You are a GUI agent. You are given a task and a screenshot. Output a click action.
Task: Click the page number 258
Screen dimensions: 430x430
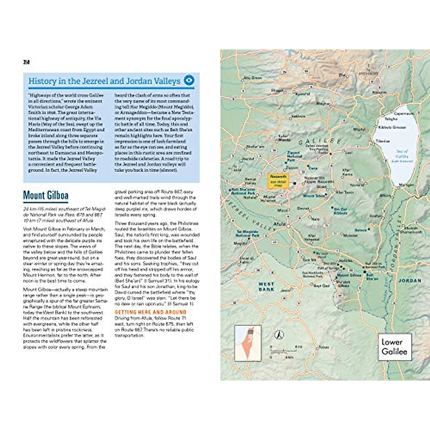[26, 62]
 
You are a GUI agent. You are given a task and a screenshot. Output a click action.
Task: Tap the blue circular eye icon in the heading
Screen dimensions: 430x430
[189, 80]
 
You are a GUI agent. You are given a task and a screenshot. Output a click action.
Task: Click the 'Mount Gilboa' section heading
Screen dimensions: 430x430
[46, 196]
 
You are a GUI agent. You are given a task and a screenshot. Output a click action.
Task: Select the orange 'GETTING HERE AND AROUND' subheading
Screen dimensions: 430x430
[150, 312]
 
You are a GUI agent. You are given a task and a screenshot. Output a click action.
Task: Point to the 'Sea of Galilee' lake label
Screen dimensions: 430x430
[402, 156]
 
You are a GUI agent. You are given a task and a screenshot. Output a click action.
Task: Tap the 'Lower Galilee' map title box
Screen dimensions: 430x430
[394, 347]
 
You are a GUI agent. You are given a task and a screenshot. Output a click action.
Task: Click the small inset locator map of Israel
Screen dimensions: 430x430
[248, 343]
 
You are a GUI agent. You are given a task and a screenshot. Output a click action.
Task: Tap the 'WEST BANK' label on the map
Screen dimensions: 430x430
[266, 287]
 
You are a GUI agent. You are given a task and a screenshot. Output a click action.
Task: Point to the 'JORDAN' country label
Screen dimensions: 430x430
[410, 281]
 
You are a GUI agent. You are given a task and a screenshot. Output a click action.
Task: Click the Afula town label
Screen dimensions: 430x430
[279, 224]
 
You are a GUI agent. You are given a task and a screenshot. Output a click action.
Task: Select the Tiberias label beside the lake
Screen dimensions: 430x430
[383, 141]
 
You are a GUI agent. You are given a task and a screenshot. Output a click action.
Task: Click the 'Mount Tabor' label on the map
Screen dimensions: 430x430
[314, 196]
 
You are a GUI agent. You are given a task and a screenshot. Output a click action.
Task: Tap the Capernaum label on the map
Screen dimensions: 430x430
[403, 113]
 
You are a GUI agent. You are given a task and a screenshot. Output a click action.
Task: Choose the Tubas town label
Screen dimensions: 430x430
[324, 347]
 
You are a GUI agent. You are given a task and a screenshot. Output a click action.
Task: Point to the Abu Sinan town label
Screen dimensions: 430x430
[252, 78]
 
